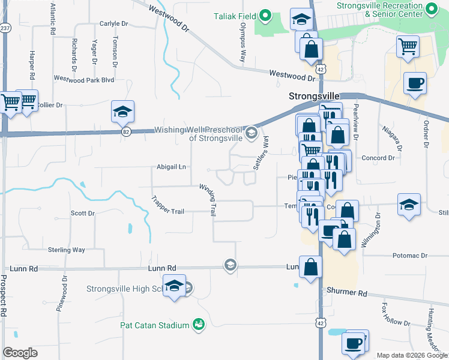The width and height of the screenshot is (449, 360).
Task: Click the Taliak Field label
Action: [235, 16]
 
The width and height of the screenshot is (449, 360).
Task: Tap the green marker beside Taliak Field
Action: [265, 16]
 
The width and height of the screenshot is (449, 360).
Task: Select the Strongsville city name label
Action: [314, 96]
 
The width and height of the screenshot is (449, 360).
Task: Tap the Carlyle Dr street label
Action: [114, 24]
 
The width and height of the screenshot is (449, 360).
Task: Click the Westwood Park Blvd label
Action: [84, 79]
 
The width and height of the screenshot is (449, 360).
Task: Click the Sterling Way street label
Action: [66, 250]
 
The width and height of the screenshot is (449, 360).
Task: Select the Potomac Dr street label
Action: [410, 256]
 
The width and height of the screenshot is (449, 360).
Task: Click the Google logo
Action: [20, 353]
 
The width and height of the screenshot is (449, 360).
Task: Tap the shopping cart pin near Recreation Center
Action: [408, 46]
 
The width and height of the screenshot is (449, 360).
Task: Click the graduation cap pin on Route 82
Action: [122, 112]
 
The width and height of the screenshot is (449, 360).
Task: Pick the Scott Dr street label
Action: [83, 213]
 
